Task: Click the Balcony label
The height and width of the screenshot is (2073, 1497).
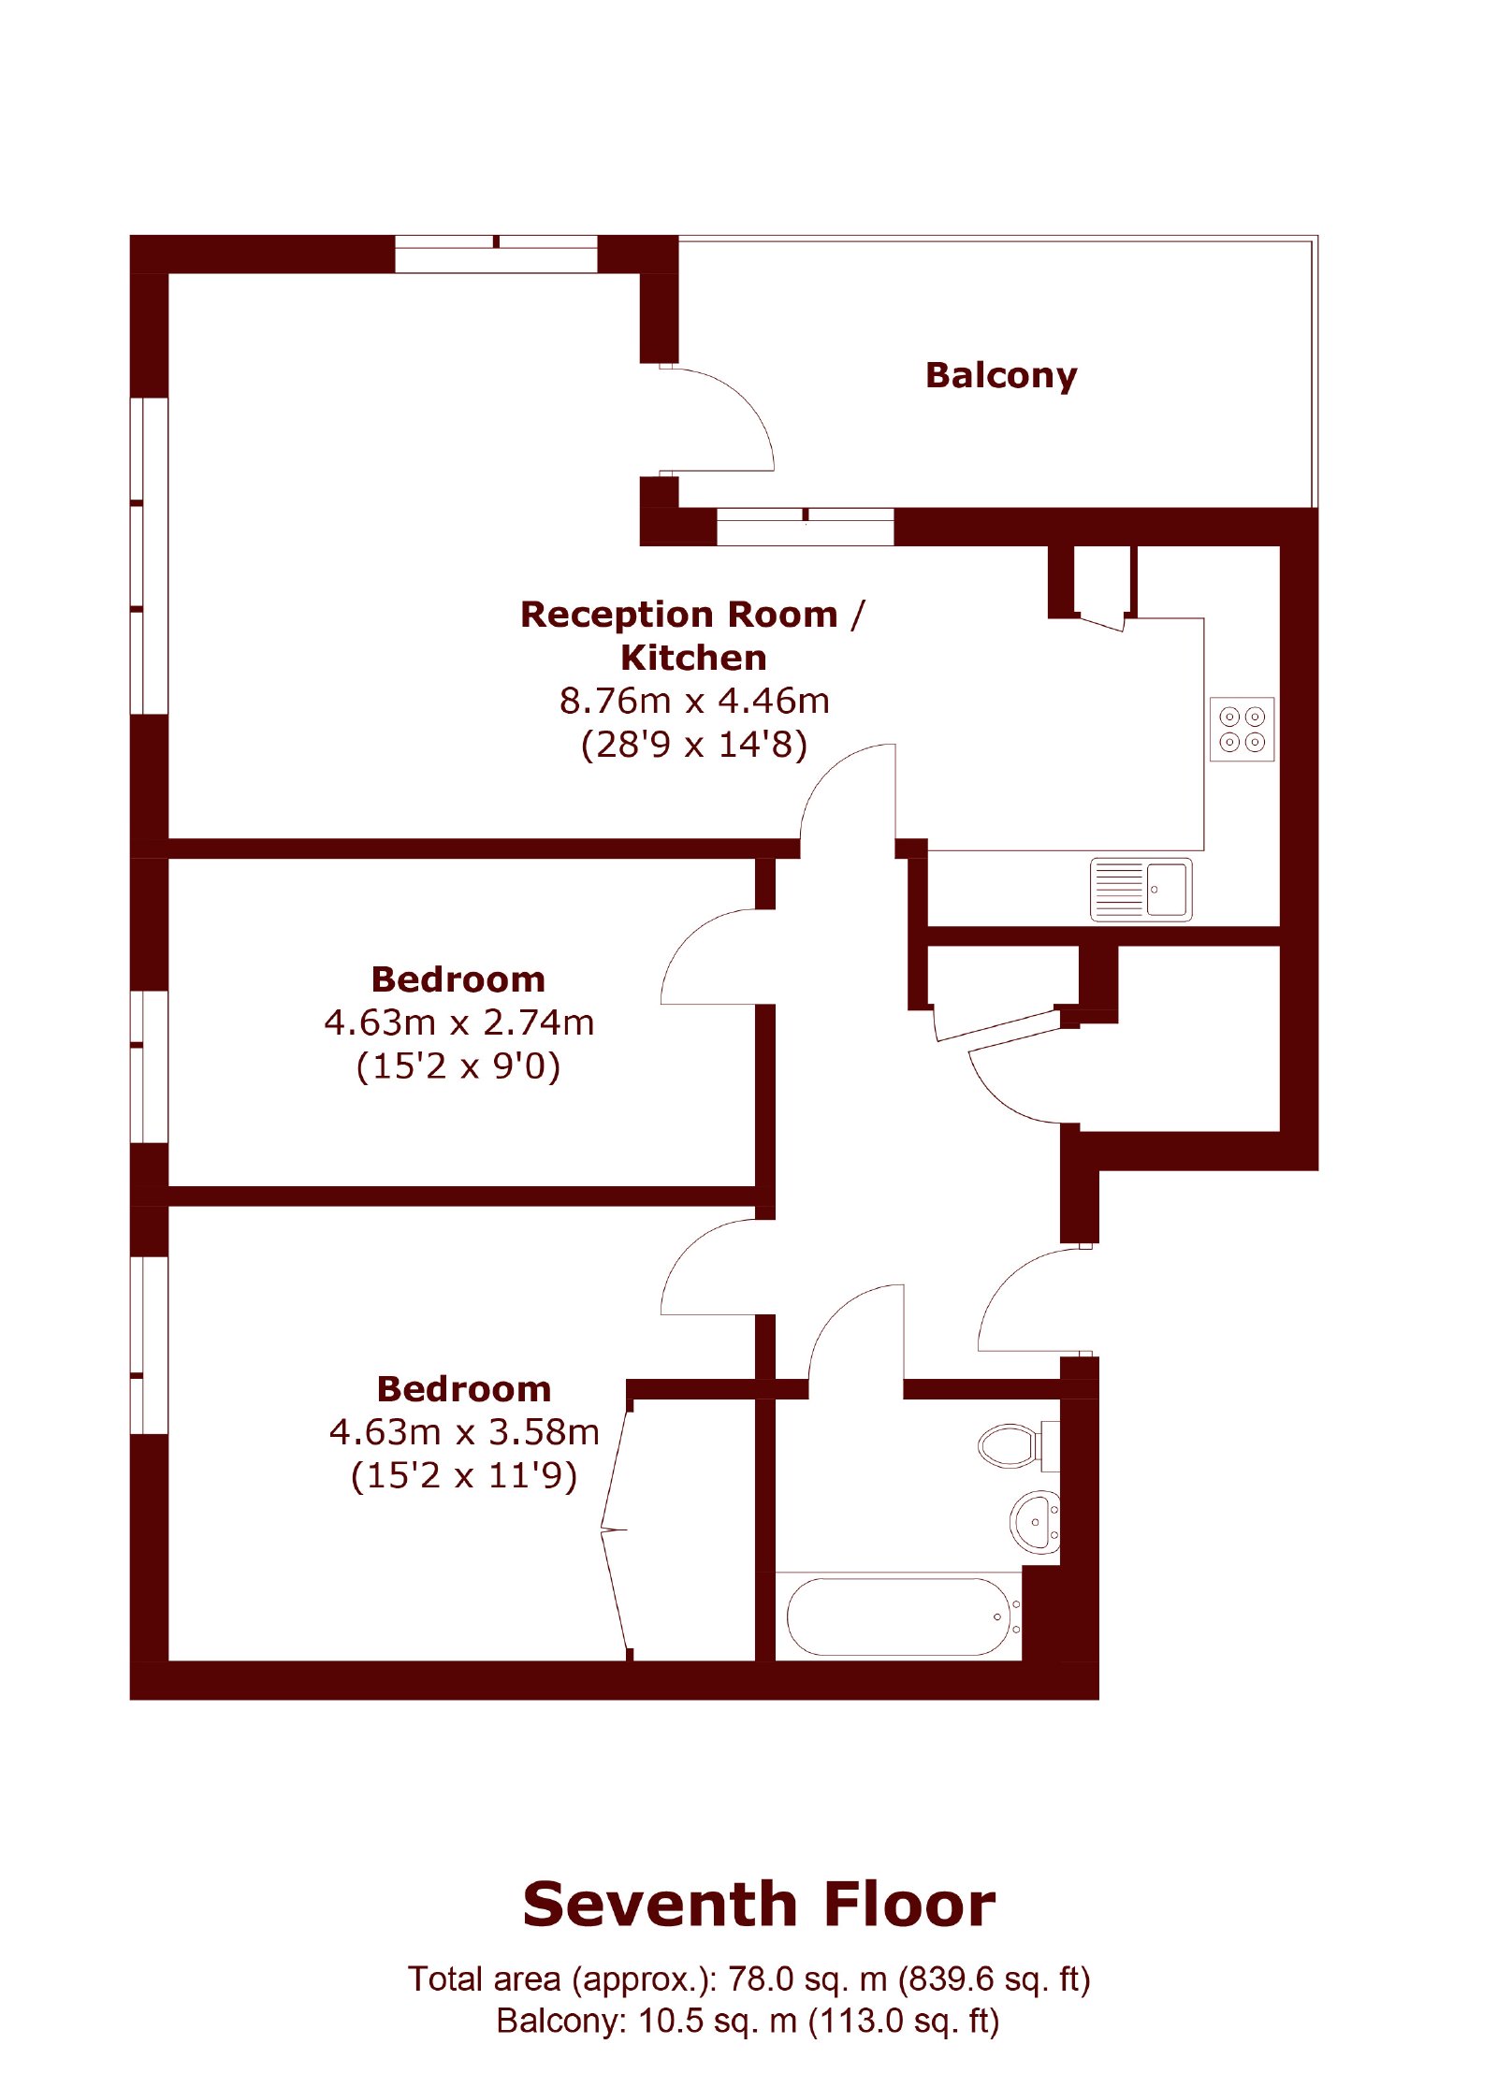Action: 1000,375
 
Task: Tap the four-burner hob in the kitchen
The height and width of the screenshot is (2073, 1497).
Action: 1242,729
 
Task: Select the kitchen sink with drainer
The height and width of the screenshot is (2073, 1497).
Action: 1141,889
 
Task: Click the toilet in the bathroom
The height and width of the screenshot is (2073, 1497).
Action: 1018,1445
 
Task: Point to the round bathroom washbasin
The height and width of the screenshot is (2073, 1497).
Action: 1035,1522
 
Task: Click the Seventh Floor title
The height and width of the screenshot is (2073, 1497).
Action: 759,1905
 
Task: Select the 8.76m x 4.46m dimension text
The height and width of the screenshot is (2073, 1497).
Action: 694,701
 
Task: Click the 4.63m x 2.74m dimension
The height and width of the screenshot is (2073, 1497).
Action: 459,1022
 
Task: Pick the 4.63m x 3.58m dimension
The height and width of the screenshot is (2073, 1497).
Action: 464,1432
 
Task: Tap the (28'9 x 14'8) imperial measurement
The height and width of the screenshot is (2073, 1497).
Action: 694,745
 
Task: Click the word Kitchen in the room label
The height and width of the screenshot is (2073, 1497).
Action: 693,658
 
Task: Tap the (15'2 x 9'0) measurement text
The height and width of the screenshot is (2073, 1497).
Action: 458,1066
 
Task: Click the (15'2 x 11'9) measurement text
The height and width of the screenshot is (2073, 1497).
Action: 464,1476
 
